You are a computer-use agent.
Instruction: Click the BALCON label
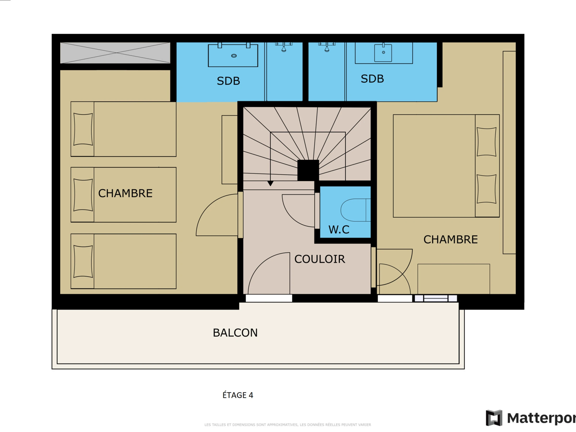pyautogui.click(x=235, y=333)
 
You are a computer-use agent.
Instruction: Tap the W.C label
pyautogui.click(x=339, y=230)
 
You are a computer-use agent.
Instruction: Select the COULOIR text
pyautogui.click(x=319, y=259)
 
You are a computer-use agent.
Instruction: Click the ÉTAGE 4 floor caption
pyautogui.click(x=238, y=395)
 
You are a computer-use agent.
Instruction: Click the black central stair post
pyautogui.click(x=308, y=170)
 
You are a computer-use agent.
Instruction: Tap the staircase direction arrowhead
pyautogui.click(x=270, y=184)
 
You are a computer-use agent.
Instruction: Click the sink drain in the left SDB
pyautogui.click(x=234, y=56)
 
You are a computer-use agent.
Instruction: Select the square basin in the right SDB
pyautogui.click(x=383, y=53)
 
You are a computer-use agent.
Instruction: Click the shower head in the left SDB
pyautogui.click(x=284, y=49)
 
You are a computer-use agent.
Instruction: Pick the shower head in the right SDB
pyautogui.click(x=327, y=49)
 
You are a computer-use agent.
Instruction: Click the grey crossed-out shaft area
pyautogui.click(x=115, y=53)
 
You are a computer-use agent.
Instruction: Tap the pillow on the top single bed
pyautogui.click(x=83, y=129)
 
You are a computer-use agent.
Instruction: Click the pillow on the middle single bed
pyautogui.click(x=83, y=195)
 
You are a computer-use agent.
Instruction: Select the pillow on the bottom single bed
pyautogui.click(x=83, y=261)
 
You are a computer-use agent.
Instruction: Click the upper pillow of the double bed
pyautogui.click(x=486, y=142)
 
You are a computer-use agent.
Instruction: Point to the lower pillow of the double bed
pyautogui.click(x=486, y=189)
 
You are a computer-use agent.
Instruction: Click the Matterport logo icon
pyautogui.click(x=494, y=418)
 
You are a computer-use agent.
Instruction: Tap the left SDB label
pyautogui.click(x=228, y=81)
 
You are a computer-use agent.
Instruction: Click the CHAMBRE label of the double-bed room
pyautogui.click(x=450, y=240)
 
